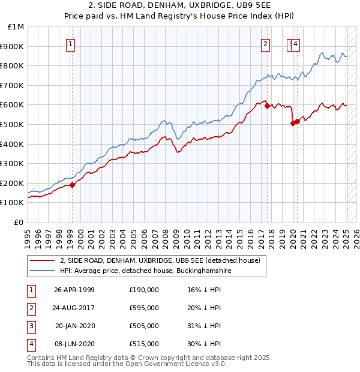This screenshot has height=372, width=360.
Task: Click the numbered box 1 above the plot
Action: [x=71, y=43]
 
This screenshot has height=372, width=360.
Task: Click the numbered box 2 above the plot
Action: [x=265, y=43]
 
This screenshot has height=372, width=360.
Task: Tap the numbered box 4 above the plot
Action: [x=296, y=43]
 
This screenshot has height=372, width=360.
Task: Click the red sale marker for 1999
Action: [x=73, y=185]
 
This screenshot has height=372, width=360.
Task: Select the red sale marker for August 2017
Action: [x=268, y=106]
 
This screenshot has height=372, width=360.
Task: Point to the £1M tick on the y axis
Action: [x=16, y=27]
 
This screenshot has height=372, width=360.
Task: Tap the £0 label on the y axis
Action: [x=19, y=222]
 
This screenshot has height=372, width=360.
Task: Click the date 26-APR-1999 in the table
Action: [x=74, y=290]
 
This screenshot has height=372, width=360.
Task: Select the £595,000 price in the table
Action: [x=144, y=308]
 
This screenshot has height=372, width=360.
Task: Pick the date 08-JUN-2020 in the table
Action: [x=74, y=344]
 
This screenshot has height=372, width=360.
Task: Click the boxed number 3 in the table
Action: [x=31, y=326]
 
